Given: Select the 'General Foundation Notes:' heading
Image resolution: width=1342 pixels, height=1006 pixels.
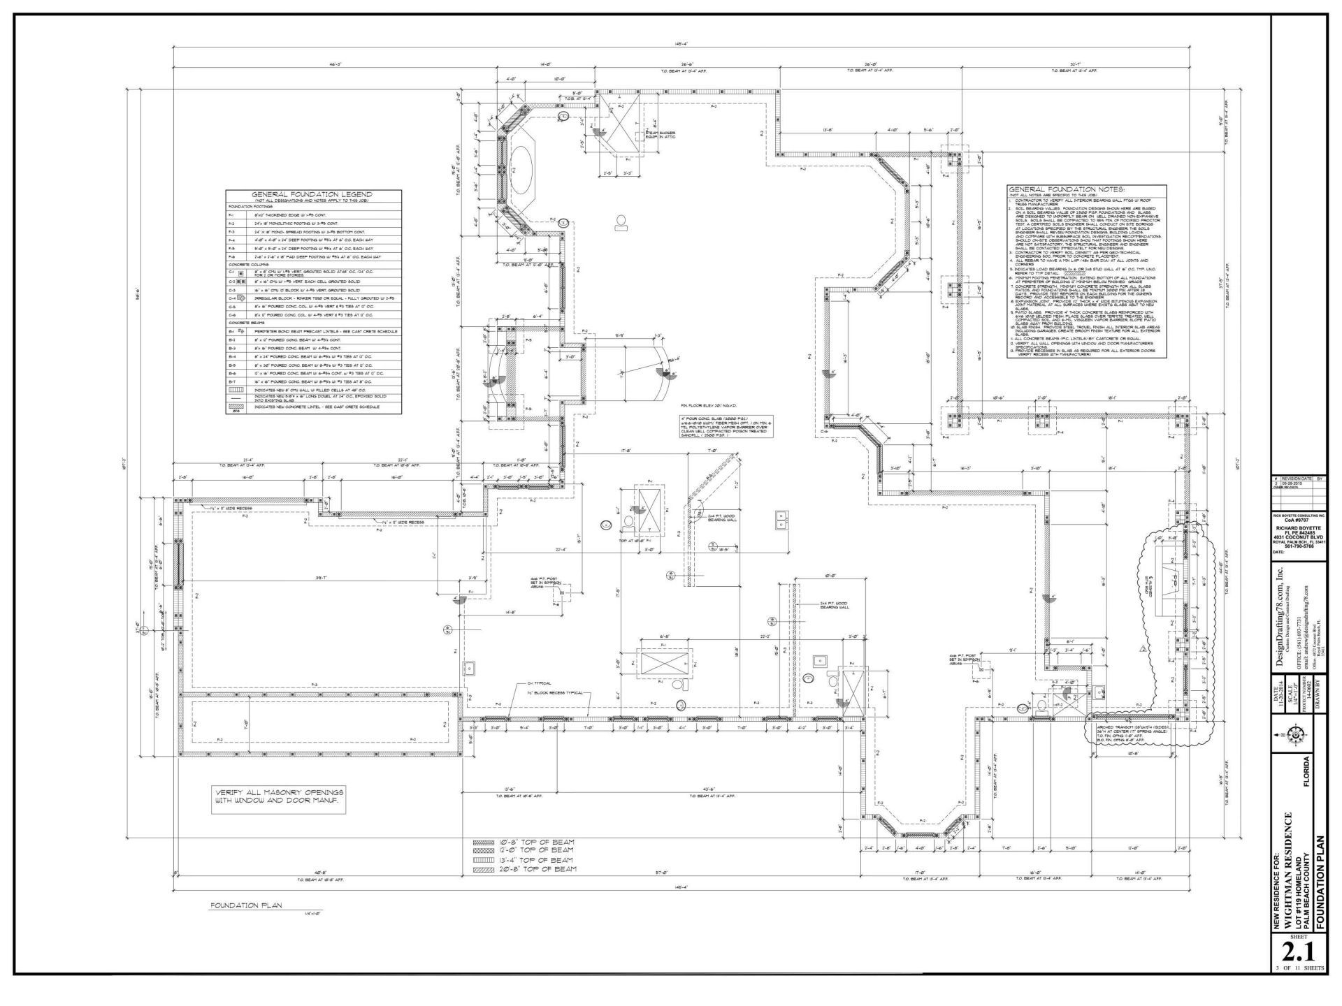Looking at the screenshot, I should point(1066,189).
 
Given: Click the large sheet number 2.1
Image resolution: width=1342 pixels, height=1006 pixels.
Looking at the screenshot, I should point(1298,952).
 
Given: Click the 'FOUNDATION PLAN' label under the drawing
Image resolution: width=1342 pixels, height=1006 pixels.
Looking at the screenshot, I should point(246,905).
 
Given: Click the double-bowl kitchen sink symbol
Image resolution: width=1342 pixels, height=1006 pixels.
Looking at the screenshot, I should point(781,519).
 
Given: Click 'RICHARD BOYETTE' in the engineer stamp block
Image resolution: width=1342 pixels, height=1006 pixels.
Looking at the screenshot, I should point(1298,528).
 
